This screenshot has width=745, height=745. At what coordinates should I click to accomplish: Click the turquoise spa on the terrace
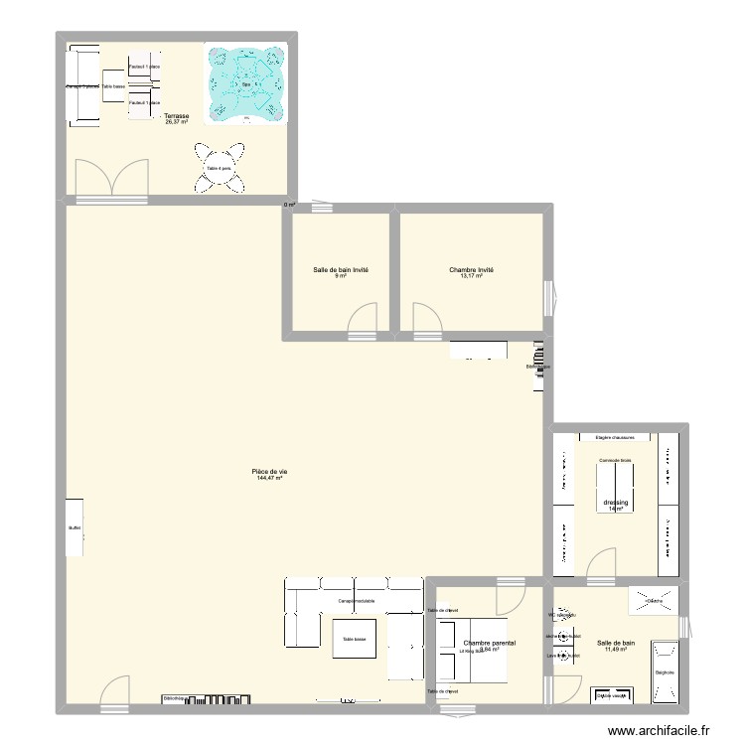(x=245, y=83)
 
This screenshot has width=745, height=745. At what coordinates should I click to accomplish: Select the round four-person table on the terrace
(x=219, y=168)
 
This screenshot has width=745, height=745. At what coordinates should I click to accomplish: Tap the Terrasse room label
(x=177, y=118)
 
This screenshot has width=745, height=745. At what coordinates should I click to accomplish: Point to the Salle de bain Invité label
(x=340, y=272)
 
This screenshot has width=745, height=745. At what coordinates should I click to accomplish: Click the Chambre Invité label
(x=471, y=272)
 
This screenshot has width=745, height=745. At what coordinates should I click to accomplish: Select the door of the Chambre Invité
(x=426, y=319)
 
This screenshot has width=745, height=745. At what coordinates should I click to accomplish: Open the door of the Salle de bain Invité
(x=362, y=318)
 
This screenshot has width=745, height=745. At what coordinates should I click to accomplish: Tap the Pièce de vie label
(x=269, y=474)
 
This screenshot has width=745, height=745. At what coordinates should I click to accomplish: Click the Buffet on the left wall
(x=74, y=528)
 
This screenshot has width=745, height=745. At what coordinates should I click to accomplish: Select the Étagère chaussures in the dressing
(x=615, y=437)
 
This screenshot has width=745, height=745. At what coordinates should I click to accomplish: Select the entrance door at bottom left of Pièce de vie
(x=114, y=693)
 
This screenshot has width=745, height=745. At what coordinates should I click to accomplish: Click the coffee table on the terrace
(x=113, y=87)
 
